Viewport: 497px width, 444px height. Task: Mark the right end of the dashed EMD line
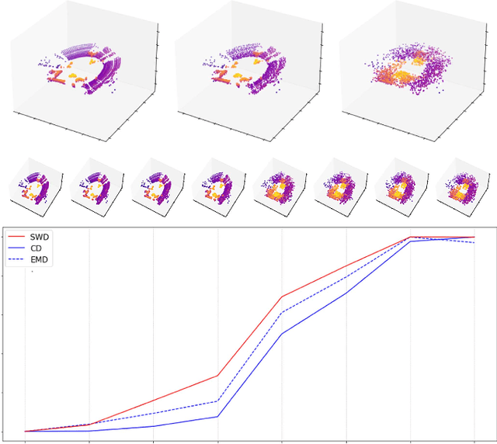pyautogui.click(x=474, y=243)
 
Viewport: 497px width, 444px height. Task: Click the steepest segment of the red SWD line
pyautogui.click(x=249, y=336)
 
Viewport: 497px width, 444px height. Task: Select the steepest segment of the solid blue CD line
pyautogui.click(x=249, y=375)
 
